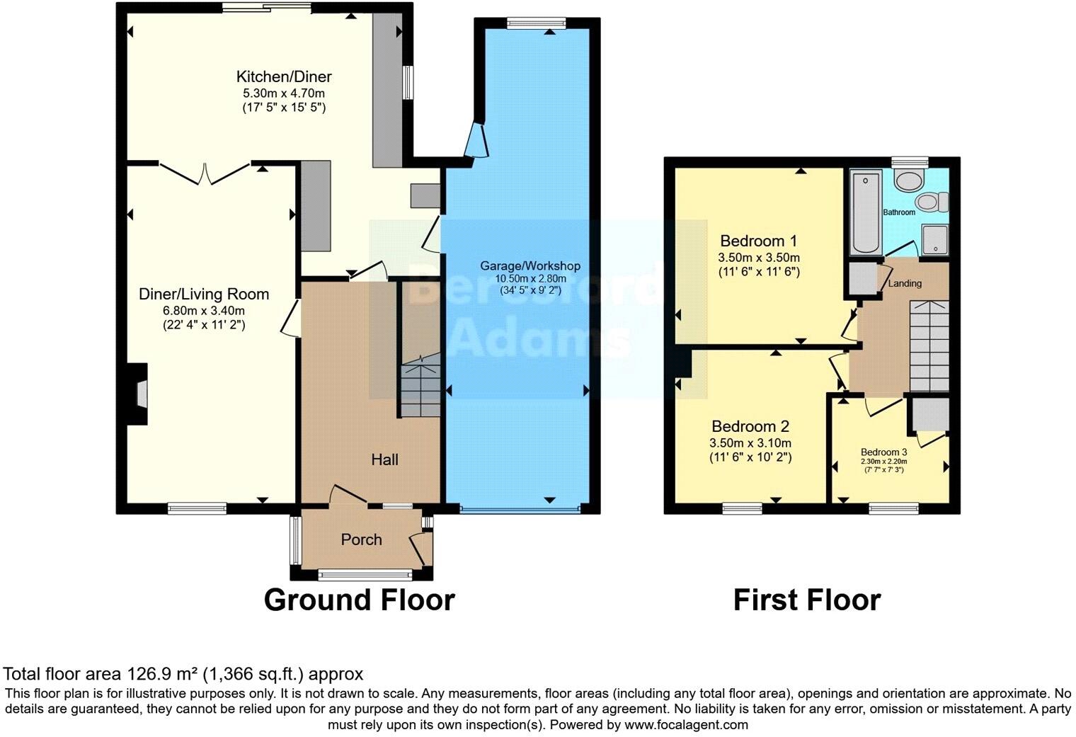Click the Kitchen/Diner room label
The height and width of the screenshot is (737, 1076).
coord(283,76)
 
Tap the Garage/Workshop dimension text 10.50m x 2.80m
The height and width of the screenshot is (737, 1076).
coord(530,278)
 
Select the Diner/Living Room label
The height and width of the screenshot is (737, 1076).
coord(204,294)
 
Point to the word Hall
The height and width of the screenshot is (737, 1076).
coord(384,459)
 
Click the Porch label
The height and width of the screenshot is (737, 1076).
coord(361,539)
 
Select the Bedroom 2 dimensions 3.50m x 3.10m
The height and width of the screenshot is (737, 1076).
coord(750,443)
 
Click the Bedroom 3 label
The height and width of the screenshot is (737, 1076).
coord(883,452)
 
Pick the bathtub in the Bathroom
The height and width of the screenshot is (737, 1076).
coord(865,212)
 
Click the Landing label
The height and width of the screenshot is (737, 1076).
coord(905,283)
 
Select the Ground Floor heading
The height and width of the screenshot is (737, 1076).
coord(359,600)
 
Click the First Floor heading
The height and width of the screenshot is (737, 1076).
coord(806,600)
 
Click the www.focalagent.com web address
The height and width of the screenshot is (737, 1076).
coord(685,724)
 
